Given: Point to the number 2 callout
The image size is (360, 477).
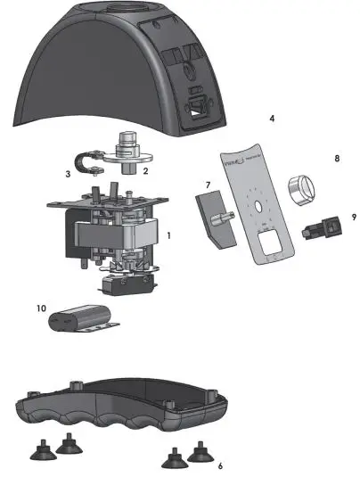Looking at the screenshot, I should click(146, 169).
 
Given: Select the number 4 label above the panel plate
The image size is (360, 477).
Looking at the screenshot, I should click(271, 118).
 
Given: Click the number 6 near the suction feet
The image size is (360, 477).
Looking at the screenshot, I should click(220, 465).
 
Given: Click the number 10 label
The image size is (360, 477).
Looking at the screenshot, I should click(41, 308).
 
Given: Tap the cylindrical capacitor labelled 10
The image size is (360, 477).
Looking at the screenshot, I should click(86, 317).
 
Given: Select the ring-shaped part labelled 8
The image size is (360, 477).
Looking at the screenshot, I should click(299, 188).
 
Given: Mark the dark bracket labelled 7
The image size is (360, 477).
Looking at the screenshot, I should click(213, 220).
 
